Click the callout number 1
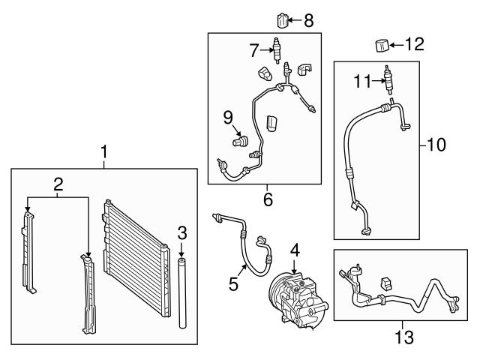[104, 153]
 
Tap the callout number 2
[57, 182]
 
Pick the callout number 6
[267, 199]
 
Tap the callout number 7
[255, 50]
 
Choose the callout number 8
[308, 19]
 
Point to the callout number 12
[413, 44]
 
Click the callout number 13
[405, 337]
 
